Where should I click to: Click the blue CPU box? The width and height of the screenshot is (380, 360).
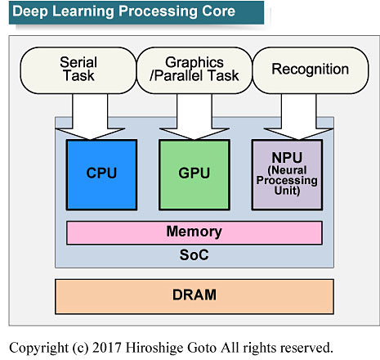pos(101,173)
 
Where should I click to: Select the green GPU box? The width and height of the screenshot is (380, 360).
pos(194,173)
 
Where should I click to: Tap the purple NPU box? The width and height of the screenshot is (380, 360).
pos(287,173)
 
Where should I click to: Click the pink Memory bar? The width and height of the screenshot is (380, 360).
pos(194,232)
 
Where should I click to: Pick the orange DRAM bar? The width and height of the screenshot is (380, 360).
pos(194,293)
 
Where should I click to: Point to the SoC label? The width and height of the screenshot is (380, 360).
pos(194,254)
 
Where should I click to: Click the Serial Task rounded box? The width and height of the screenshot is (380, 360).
pos(78,69)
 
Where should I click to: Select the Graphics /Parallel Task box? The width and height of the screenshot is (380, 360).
pos(194,69)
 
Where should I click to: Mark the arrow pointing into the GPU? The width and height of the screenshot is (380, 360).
pos(194,115)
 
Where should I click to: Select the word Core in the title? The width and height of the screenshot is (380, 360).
pos(217,11)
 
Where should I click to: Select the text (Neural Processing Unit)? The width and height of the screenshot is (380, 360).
pos(287,181)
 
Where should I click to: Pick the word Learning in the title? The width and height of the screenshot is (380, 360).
pos(80,11)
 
